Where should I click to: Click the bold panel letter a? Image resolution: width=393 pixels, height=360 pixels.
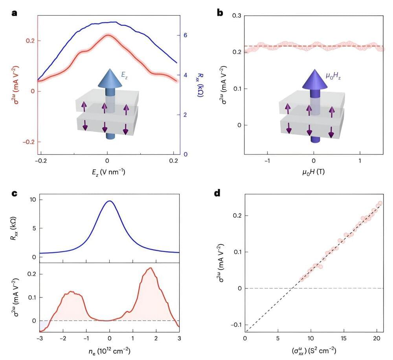pyautogui.click(x=15, y=13)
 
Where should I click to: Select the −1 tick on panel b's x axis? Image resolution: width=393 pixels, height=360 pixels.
pyautogui.click(x=266, y=161)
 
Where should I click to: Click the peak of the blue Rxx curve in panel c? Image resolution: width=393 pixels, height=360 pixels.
pyautogui.click(x=110, y=201)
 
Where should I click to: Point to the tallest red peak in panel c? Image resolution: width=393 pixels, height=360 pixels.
pyautogui.click(x=150, y=268)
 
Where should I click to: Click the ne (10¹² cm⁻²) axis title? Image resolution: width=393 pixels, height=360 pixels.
pyautogui.click(x=109, y=349)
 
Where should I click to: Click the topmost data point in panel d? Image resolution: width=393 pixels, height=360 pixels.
pyautogui.click(x=380, y=203)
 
